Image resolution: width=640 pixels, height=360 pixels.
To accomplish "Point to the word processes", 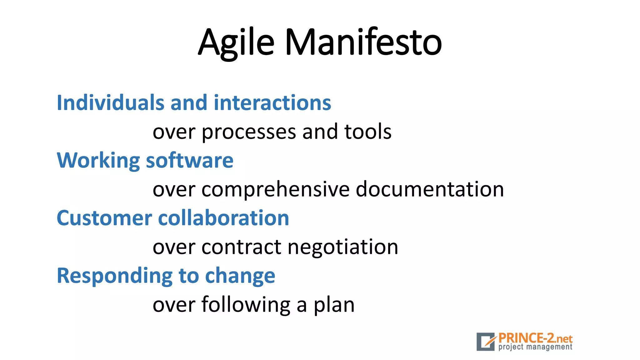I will (248, 132).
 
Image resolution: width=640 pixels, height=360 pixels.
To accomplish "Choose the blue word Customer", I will (104, 218).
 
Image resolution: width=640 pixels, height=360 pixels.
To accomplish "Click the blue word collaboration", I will (223, 218).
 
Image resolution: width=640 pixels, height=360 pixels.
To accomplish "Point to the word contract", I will (241, 247).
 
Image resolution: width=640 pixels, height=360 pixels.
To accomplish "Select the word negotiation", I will (343, 247).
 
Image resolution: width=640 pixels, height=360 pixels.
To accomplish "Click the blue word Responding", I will (114, 276).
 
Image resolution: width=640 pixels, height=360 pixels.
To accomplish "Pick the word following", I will (246, 305).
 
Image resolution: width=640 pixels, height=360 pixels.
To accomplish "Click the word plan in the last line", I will (334, 305).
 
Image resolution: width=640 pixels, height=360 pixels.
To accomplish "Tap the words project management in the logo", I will (535, 347).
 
